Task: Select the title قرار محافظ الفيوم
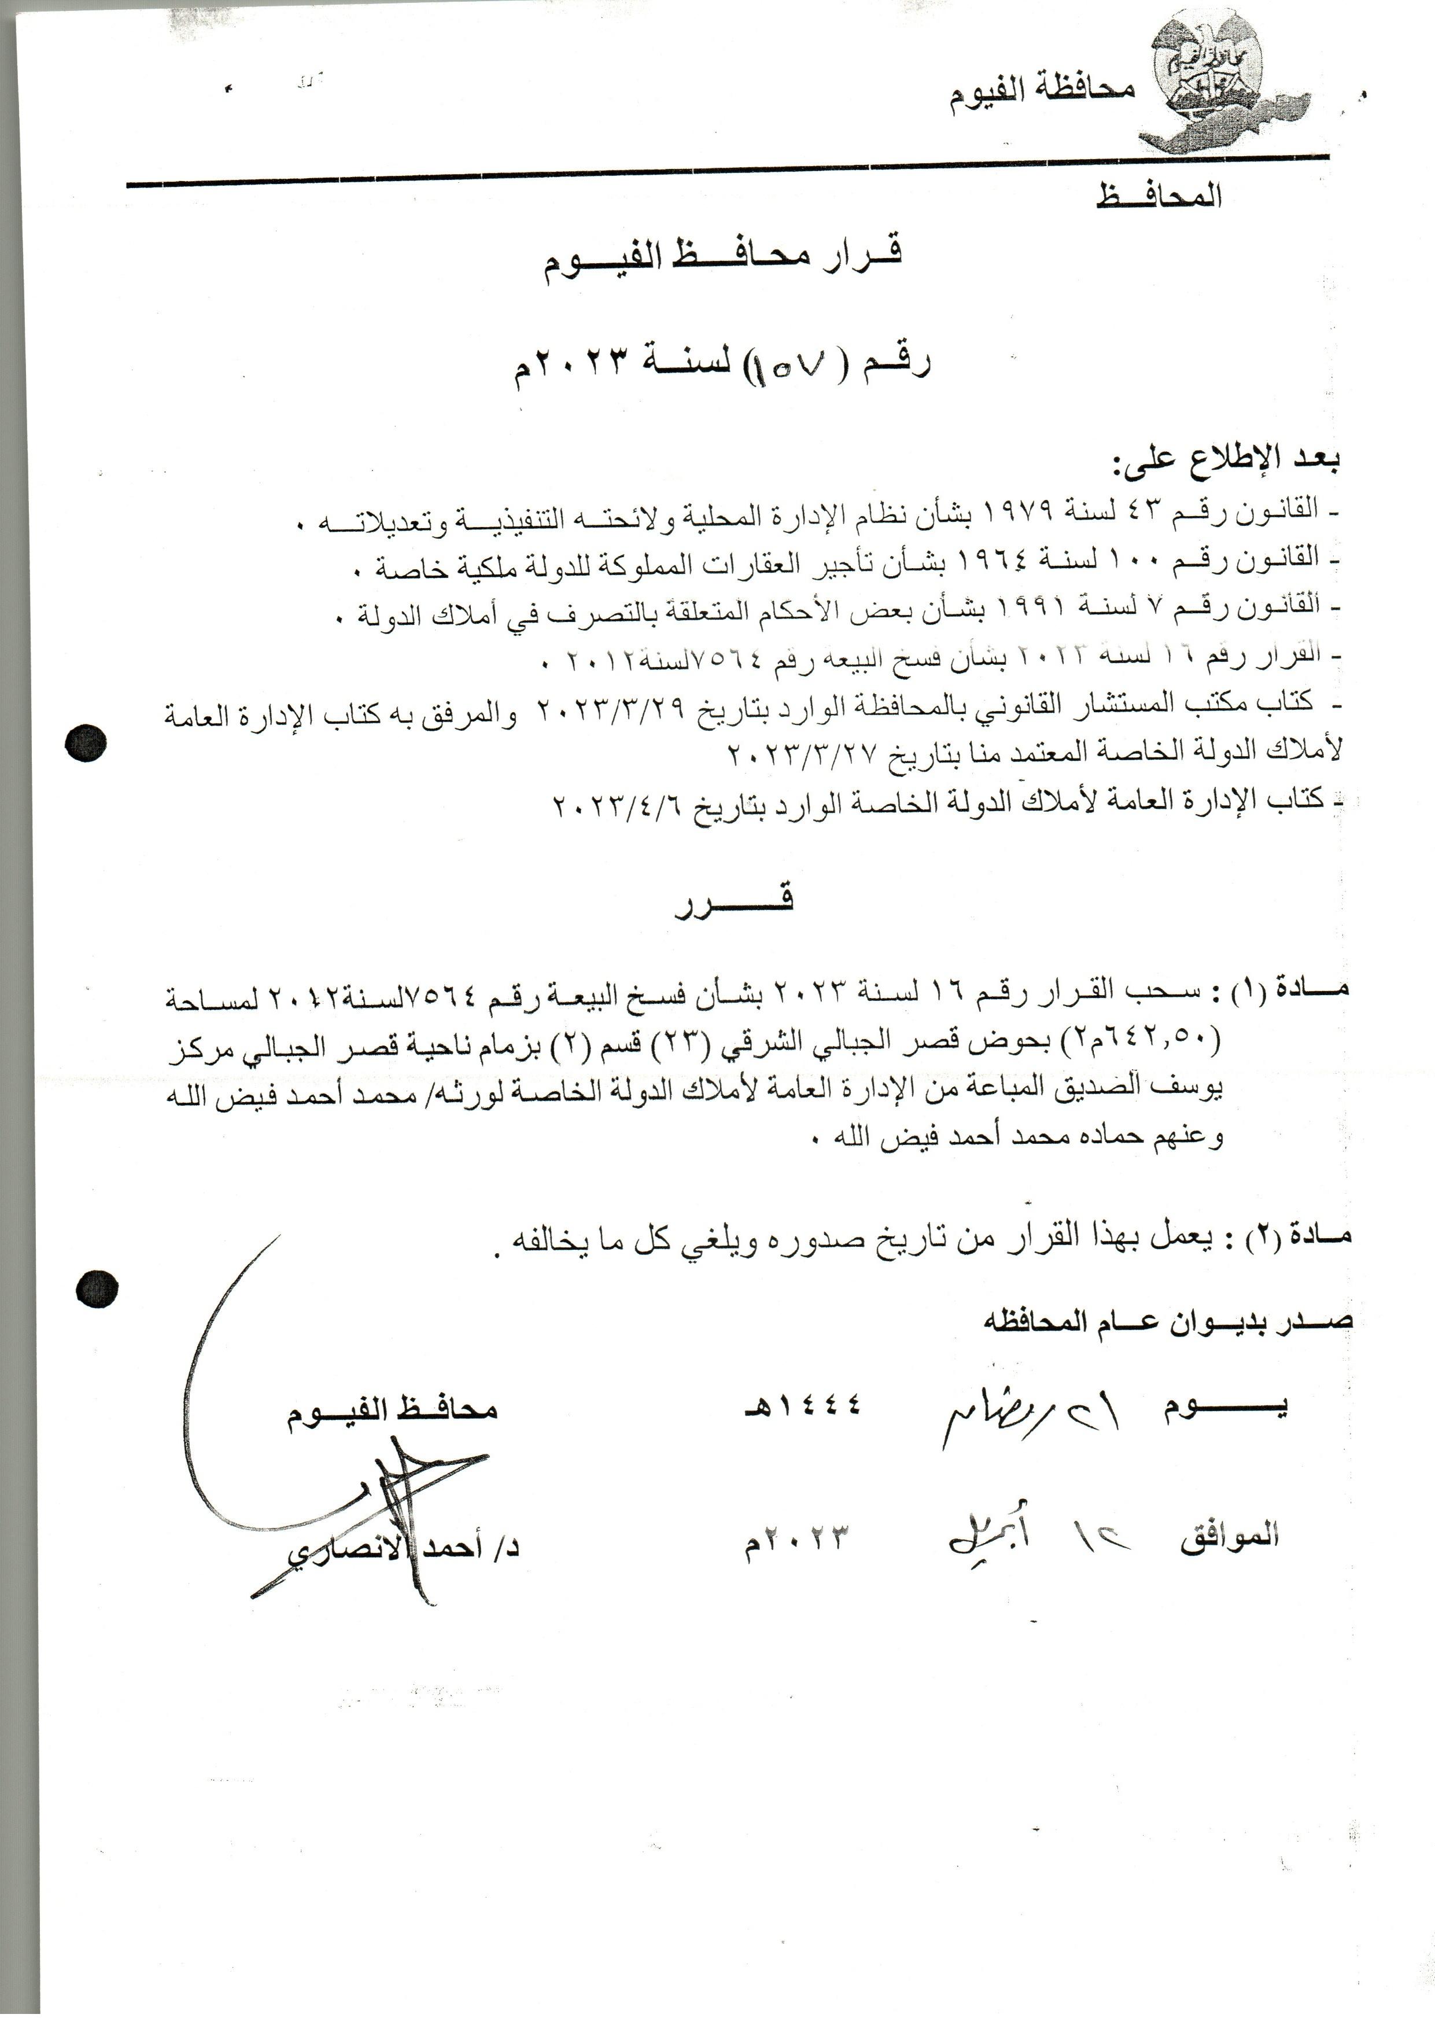tap(720, 258)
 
